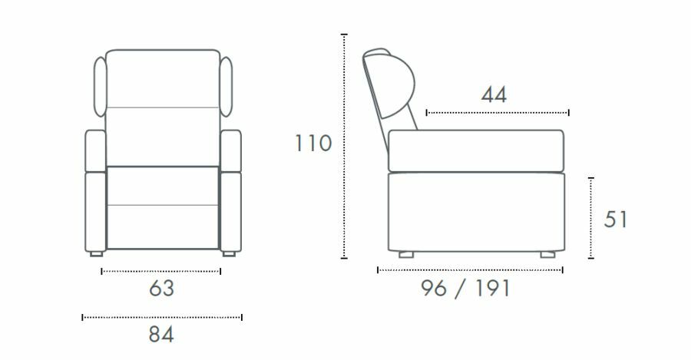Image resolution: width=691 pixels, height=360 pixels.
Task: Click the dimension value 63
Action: tap(161, 289)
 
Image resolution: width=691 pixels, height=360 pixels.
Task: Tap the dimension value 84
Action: tap(161, 335)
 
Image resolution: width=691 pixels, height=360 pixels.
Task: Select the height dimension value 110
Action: tap(313, 144)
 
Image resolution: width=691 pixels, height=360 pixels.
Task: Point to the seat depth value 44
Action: tap(494, 94)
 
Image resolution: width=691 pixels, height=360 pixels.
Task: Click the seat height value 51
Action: tap(615, 220)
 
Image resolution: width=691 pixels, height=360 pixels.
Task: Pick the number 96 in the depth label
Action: tap(434, 289)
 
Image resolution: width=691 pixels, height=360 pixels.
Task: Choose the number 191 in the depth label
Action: tap(493, 289)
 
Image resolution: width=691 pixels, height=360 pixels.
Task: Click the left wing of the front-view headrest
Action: tap(100, 87)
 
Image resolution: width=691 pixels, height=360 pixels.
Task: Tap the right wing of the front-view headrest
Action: tap(226, 87)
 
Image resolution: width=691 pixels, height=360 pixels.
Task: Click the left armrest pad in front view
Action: tap(95, 150)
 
